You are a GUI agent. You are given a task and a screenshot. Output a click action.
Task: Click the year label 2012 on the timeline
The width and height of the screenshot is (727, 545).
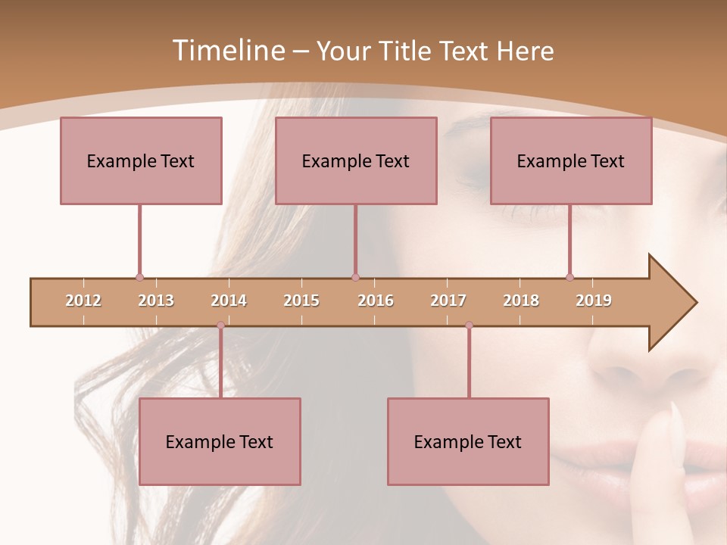point(83,301)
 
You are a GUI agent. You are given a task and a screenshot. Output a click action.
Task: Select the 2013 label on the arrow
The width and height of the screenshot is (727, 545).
point(156,301)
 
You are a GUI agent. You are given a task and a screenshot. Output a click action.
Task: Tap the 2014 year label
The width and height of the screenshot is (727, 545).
point(229,301)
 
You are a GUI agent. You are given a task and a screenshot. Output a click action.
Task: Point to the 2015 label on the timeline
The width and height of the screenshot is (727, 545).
point(301,301)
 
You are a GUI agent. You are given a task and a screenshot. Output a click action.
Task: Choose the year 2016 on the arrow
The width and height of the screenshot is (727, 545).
point(376,301)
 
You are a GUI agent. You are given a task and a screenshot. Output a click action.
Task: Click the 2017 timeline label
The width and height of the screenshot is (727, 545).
point(448,301)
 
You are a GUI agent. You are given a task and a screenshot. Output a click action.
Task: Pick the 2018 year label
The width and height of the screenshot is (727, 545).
point(521,301)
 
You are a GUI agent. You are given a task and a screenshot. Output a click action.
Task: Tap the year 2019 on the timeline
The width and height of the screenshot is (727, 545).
point(594,301)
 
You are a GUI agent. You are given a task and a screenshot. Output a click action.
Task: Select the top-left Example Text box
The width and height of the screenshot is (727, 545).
point(141,160)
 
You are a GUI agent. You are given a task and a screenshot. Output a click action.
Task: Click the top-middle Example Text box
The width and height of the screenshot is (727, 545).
point(356,160)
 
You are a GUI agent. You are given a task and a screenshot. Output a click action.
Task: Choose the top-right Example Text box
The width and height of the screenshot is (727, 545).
point(571,160)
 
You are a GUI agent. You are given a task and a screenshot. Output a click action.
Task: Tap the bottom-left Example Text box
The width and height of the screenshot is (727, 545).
point(220,441)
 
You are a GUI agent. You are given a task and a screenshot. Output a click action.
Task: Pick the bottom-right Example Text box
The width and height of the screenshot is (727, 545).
point(468,441)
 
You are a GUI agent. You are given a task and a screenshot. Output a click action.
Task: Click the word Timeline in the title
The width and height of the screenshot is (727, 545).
point(226,51)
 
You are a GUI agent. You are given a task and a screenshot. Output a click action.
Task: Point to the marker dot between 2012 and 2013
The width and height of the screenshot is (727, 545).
point(139,277)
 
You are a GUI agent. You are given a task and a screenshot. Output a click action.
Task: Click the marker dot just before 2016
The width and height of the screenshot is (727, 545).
point(355,277)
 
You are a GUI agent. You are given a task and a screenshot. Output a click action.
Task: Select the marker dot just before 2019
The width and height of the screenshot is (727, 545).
point(569,277)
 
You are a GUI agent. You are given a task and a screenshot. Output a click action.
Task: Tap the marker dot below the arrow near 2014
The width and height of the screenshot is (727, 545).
point(220,325)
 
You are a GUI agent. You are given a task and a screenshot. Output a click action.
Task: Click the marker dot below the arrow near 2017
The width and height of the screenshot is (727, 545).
point(469,325)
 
